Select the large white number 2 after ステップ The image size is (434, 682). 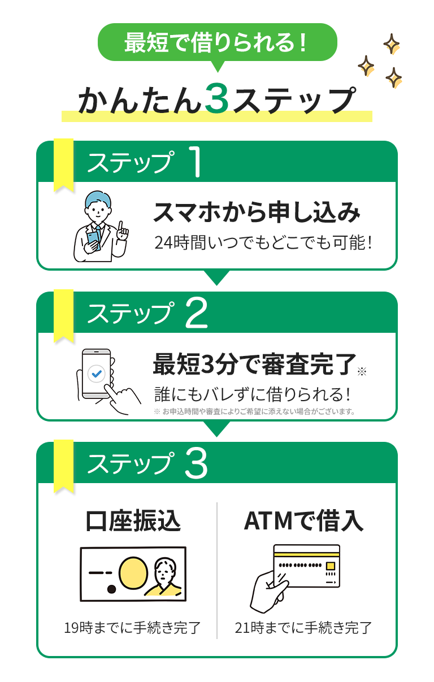[x=197, y=312]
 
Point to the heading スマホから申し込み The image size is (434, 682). [x=257, y=212]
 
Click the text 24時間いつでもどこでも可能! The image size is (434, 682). [x=263, y=243]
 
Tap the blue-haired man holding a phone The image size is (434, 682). [x=101, y=226]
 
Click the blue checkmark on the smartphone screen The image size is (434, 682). [x=97, y=373]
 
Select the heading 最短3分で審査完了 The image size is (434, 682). [x=255, y=363]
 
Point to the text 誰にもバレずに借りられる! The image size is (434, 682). [x=253, y=394]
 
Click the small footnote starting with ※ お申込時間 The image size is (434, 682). [x=255, y=412]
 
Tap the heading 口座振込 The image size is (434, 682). [x=133, y=520]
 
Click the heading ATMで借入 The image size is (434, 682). [x=303, y=520]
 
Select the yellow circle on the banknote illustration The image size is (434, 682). [x=133, y=573]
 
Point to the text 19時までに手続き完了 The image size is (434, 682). [x=132, y=628]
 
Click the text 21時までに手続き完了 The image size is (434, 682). [x=303, y=628]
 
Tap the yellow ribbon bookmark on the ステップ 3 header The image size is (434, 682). [x=64, y=466]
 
